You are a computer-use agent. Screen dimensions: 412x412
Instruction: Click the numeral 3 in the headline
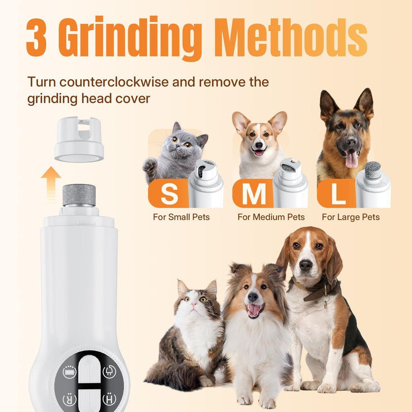point(37,37)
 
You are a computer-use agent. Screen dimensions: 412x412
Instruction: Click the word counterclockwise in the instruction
point(114,82)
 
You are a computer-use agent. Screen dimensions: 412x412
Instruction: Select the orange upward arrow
point(51,184)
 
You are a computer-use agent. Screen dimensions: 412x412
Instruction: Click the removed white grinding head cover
point(79,139)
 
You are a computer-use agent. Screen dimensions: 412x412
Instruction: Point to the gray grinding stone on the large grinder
point(79,195)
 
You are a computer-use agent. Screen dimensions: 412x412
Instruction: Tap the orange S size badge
point(169,194)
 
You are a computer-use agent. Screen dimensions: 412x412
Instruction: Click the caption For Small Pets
point(181,217)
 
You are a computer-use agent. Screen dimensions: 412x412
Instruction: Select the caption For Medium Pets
point(271,217)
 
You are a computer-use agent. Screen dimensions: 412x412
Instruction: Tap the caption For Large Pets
point(351,217)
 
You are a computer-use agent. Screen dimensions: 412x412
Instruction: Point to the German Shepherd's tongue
point(351,159)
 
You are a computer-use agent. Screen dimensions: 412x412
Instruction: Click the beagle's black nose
point(306,266)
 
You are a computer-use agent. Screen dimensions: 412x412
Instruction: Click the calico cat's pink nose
point(194,304)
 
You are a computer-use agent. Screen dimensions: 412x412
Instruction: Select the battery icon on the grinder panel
point(70,372)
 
